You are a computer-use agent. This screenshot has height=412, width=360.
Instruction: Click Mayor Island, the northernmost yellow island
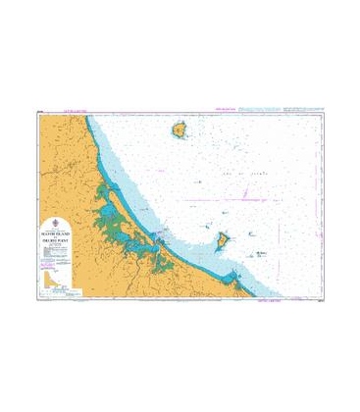click(180, 129)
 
